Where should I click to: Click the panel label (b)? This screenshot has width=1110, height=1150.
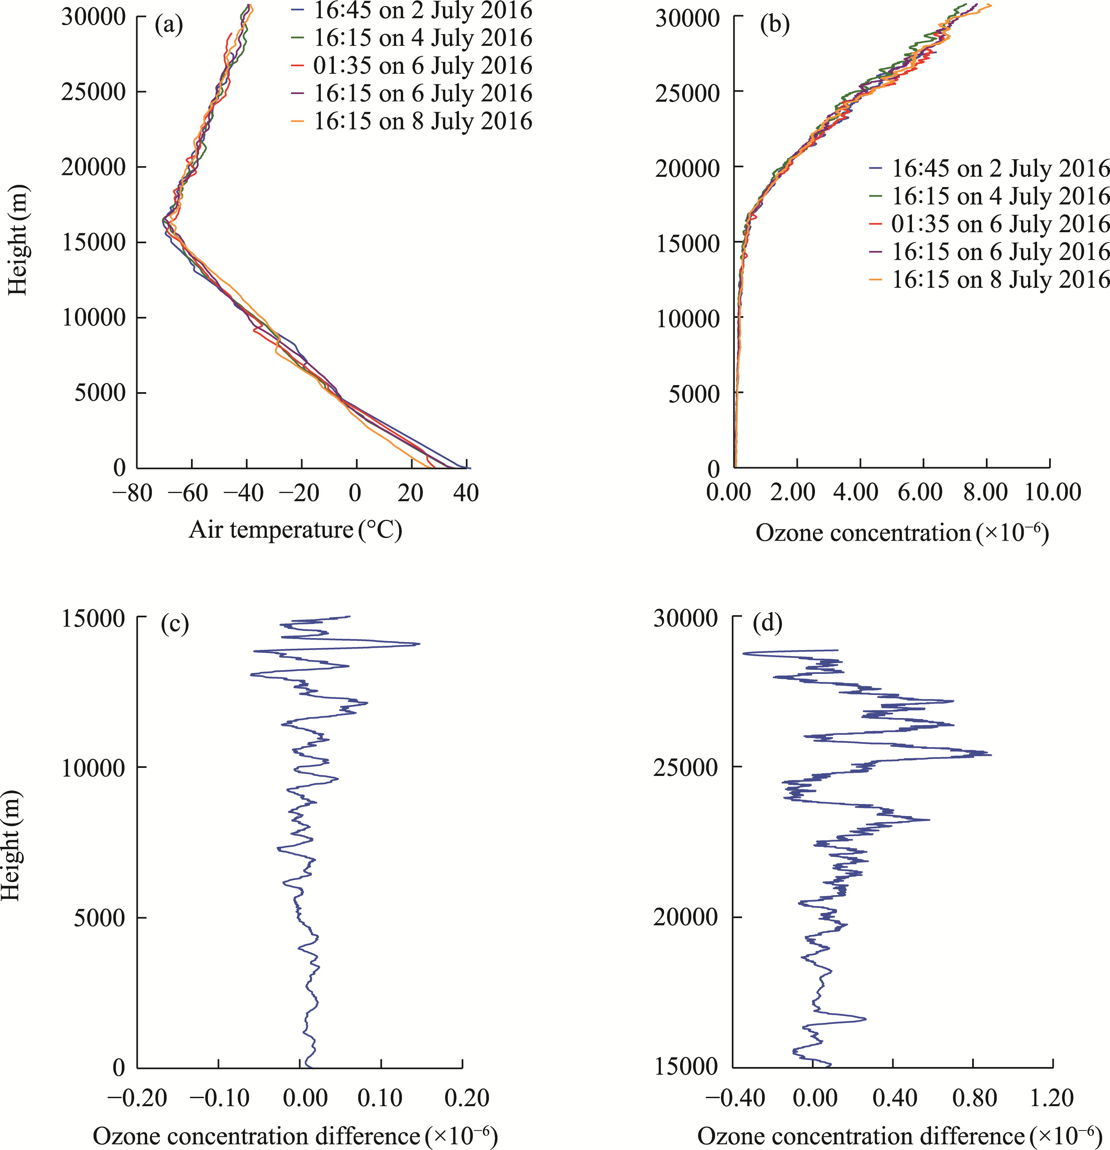click(x=774, y=25)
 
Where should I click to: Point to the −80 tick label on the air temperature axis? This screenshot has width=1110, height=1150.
click(x=132, y=493)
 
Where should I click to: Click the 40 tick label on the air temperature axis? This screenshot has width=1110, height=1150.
click(x=466, y=493)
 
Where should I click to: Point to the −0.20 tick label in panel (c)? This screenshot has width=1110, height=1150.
click(x=137, y=1097)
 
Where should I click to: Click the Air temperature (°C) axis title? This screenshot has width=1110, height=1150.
click(x=295, y=530)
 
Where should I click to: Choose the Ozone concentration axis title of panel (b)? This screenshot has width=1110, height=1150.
click(x=902, y=533)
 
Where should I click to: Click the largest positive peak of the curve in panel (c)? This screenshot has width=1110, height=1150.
click(x=419, y=644)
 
